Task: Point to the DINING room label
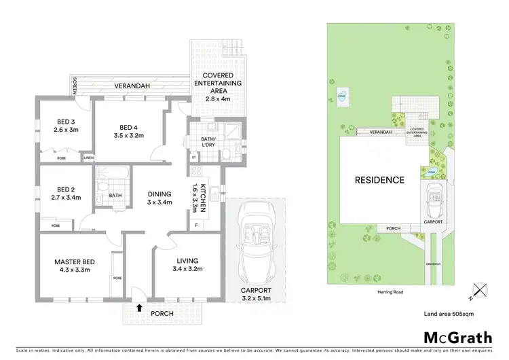160,194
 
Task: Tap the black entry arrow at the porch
140,308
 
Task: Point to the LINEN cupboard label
89,158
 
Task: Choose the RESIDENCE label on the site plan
379,181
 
